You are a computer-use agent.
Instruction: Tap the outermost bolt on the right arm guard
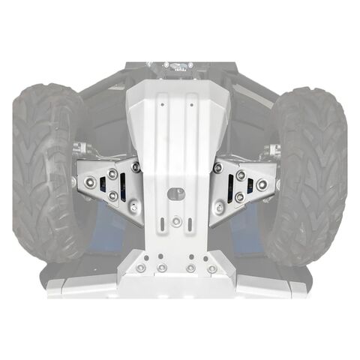coord(262,184)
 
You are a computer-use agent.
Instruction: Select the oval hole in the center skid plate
coord(173,193)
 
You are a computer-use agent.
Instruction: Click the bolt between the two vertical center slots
coord(175,221)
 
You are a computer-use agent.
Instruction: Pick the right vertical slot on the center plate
coord(190,224)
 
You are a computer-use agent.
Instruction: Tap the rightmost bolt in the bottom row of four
coord(213,268)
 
